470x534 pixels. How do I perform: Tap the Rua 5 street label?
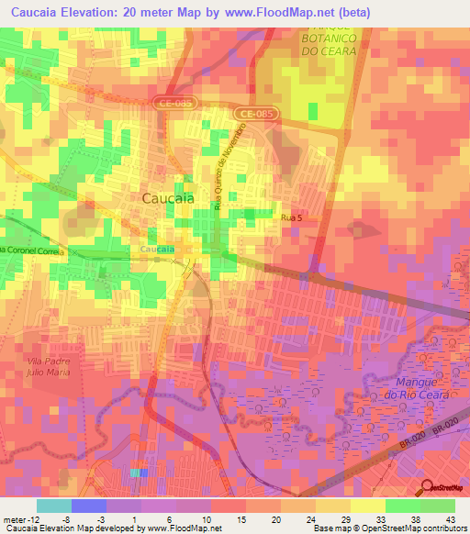pos(291,217)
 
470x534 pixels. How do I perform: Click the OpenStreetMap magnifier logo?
pos(428,487)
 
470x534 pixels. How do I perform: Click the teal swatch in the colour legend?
pos(54,505)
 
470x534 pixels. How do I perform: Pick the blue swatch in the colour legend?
pos(89,505)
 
